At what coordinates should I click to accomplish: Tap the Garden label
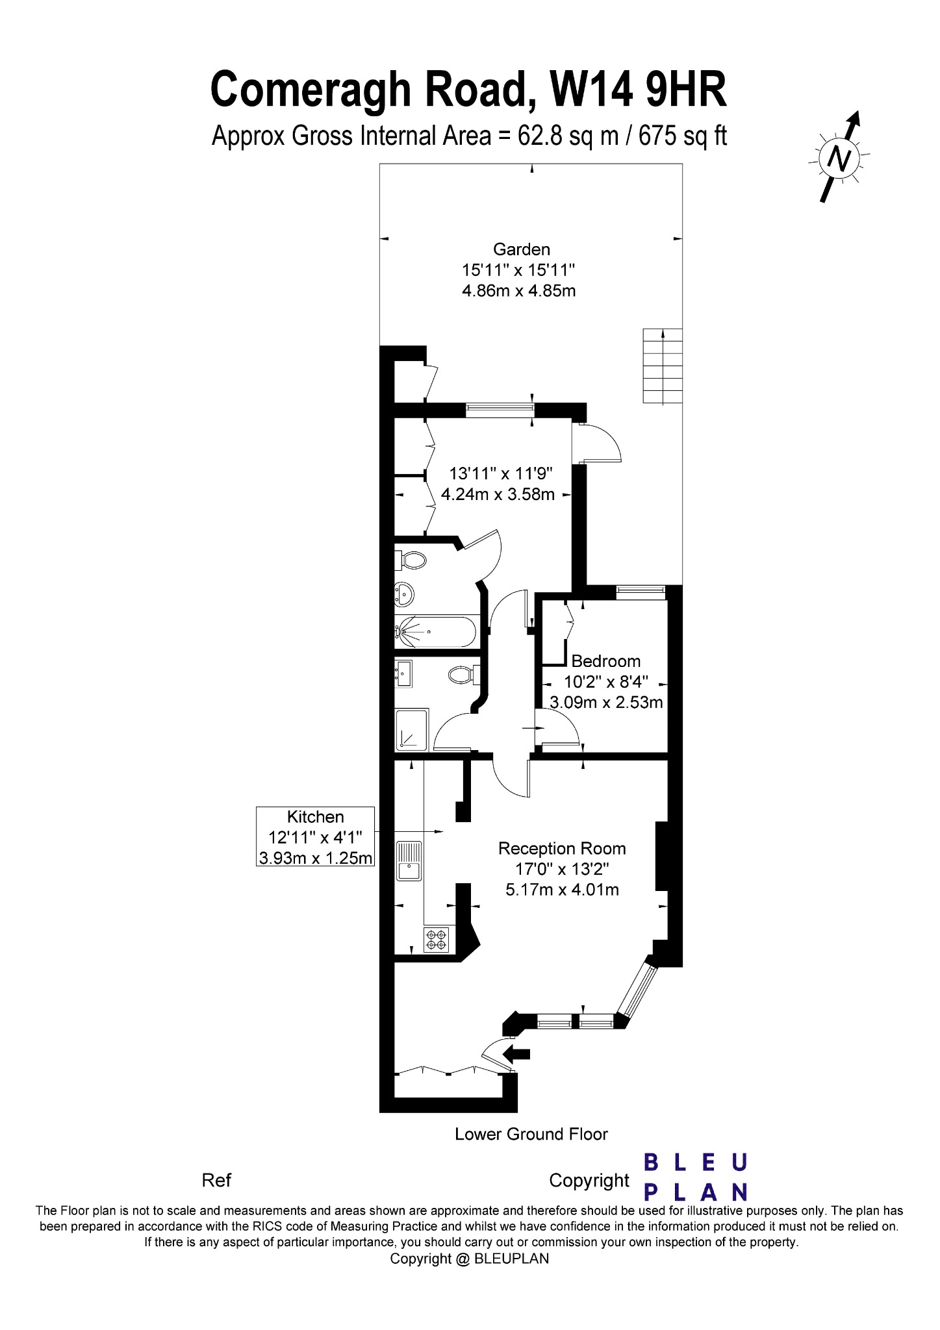click(x=522, y=249)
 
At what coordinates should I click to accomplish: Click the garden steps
click(x=663, y=366)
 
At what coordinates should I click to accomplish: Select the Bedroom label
click(x=606, y=661)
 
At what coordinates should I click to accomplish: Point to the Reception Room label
click(x=562, y=848)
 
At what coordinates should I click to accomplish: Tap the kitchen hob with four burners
click(x=437, y=940)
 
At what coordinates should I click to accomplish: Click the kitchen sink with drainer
click(x=409, y=861)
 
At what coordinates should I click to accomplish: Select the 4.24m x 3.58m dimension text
click(x=498, y=495)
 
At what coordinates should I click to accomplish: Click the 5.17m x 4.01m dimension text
click(x=563, y=890)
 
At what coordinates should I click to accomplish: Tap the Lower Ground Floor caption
click(x=531, y=1134)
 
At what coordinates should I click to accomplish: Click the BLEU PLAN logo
click(x=696, y=1177)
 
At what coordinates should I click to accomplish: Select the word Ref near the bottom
click(x=216, y=1180)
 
